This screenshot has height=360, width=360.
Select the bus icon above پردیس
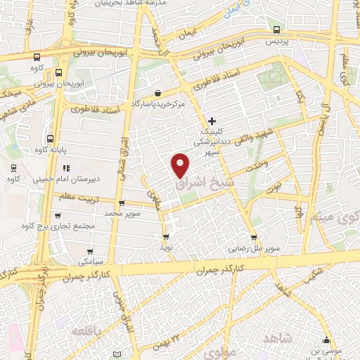276,30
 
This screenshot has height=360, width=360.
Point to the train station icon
14,167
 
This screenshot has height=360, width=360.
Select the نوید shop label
166,248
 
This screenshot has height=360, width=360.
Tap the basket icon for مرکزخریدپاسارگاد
158,92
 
